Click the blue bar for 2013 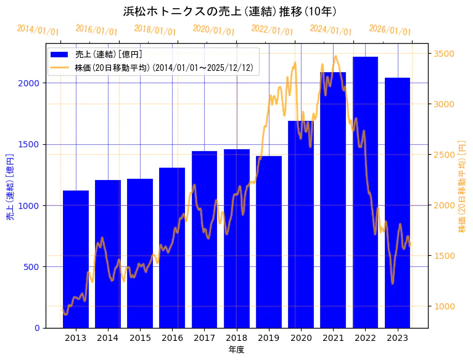[76, 259]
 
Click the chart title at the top [229, 12]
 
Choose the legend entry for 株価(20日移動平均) [163, 67]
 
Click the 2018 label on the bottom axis [236, 338]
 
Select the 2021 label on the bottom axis [333, 338]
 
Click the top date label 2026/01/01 [390, 30]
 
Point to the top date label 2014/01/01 [38, 30]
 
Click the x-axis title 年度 [236, 350]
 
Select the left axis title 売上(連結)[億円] [10, 187]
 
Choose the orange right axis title [462, 186]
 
